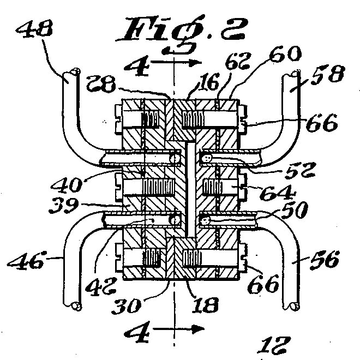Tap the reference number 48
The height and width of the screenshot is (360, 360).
pos(35,28)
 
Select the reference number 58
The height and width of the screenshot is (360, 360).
pos(328,74)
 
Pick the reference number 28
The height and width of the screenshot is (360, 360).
pos(101,83)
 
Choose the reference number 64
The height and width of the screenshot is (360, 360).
pos(278,193)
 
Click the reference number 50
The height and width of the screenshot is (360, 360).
pos(295,210)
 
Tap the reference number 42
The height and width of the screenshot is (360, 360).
pos(100,286)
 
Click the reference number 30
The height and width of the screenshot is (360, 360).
pos(126,306)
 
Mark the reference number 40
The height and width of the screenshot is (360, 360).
pos(67,184)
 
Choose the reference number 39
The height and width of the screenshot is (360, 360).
pos(64,206)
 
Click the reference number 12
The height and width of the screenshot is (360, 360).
pos(274,345)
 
